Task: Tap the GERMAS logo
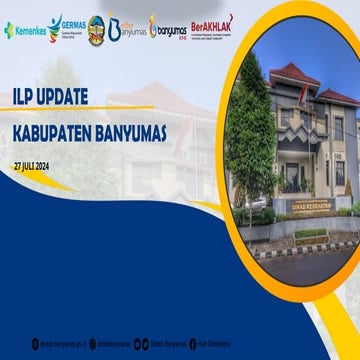point(66,27)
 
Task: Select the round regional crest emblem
point(96,29)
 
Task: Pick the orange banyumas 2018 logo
point(168,29)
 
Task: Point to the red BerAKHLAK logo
point(211,27)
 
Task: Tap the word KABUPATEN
point(59,131)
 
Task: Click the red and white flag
point(303,92)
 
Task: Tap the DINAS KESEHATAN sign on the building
point(309,207)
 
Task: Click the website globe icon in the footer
point(35,343)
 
